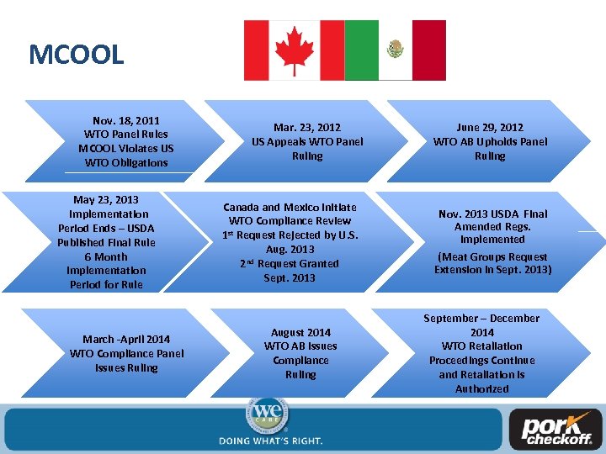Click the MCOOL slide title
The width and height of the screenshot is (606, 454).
pyautogui.click(x=76, y=55)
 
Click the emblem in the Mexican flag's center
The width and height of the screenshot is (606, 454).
pyautogui.click(x=395, y=50)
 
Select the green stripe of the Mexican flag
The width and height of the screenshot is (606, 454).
pyautogui.click(x=361, y=50)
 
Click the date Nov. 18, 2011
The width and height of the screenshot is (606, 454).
pyautogui.click(x=126, y=120)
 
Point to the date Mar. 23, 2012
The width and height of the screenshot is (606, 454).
pyautogui.click(x=307, y=128)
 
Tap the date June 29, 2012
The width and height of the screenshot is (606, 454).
pyautogui.click(x=490, y=128)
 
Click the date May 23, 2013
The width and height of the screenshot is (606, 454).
pyautogui.click(x=106, y=200)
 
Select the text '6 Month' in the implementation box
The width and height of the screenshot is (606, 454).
pyautogui.click(x=106, y=256)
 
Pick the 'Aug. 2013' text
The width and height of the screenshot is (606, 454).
pyautogui.click(x=290, y=250)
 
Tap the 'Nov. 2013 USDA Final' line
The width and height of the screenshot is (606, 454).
pyautogui.click(x=492, y=214)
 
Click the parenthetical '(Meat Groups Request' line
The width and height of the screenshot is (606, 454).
pyautogui.click(x=492, y=256)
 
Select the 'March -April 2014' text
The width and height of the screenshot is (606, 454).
pyautogui.click(x=126, y=340)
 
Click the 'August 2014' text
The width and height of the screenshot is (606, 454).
pyautogui.click(x=300, y=332)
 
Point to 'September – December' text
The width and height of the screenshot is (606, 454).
pyautogui.click(x=481, y=318)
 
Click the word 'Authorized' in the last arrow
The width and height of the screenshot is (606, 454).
pyautogui.click(x=481, y=389)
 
